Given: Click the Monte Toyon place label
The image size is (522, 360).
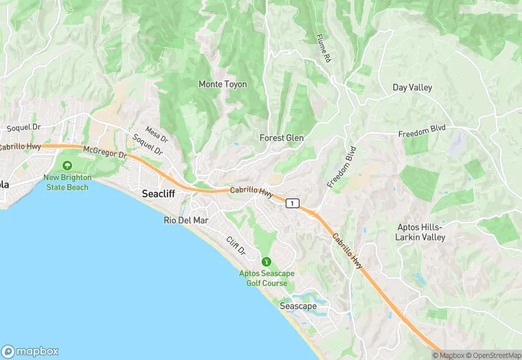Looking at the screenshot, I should click(223, 85).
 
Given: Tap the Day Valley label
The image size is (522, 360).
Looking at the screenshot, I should click(413, 87).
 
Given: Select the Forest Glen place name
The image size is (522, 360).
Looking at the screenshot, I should click(282, 138).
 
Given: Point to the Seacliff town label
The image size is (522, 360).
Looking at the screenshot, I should click(159, 194).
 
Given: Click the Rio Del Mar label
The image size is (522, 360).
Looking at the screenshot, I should click(186, 220).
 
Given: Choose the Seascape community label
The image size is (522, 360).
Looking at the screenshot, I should click(298, 306).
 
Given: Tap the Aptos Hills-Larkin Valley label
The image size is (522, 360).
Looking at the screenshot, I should click(420, 232).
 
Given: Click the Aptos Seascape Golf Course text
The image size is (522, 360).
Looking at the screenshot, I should click(266, 278).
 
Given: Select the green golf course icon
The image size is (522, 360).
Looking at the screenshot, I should click(266, 261).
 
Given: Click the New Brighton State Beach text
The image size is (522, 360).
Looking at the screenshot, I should click(67, 182).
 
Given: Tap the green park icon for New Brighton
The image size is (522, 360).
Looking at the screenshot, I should click(67, 166).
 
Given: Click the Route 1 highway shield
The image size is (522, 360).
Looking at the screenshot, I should click(293, 203).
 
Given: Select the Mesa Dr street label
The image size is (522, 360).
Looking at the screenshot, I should click(155, 135).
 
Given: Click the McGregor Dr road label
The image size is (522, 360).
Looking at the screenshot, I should click(105, 153).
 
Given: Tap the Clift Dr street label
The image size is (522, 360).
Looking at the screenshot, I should click(236, 245).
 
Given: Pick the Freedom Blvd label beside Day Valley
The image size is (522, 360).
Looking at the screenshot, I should click(422, 131).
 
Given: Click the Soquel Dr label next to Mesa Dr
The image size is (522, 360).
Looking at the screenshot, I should click(148, 144).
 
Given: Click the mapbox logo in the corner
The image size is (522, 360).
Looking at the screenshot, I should click(30, 351).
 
